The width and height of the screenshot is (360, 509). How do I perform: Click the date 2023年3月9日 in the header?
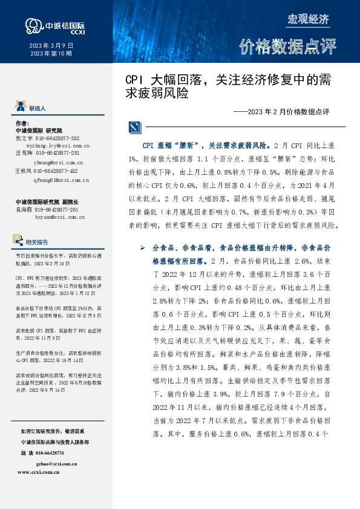(x=51, y=46)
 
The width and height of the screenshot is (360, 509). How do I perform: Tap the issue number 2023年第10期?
(x=51, y=54)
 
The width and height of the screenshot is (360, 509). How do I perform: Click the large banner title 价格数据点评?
(x=287, y=46)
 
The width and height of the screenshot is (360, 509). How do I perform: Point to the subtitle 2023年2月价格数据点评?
(x=282, y=112)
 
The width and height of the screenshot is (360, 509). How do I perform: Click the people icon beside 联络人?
(x=21, y=107)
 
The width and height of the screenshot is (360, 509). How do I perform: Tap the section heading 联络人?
(x=37, y=108)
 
